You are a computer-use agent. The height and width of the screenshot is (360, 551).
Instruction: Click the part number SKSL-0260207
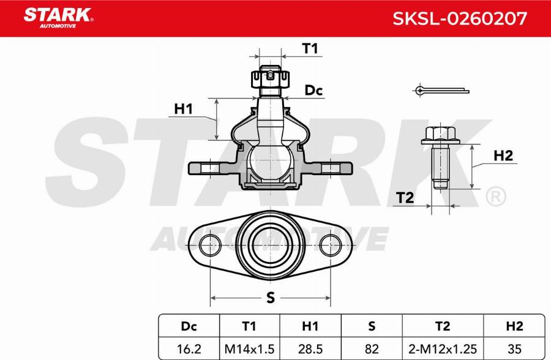click(459, 18)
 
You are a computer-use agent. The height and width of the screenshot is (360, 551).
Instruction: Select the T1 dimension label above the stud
click(312, 49)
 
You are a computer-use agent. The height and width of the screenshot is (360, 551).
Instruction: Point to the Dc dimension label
click(314, 91)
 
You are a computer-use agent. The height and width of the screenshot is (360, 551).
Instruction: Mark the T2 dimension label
click(405, 197)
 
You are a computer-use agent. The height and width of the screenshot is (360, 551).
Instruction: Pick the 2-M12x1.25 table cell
click(442, 348)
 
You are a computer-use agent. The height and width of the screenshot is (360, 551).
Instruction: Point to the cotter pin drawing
click(441, 91)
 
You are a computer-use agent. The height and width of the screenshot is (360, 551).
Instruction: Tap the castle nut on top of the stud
click(270, 78)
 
